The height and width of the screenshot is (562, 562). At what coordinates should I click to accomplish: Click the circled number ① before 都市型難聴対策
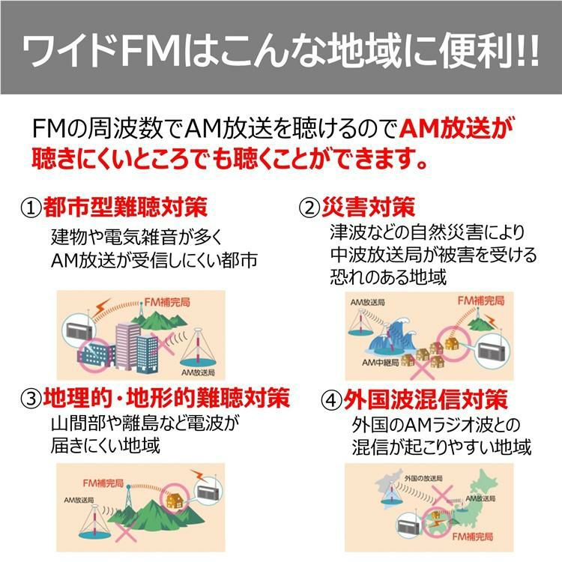pos(31,207)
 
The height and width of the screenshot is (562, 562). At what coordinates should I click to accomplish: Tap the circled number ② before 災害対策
pos(309,207)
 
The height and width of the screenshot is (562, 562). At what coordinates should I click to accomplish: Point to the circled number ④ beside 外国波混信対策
pos(331,399)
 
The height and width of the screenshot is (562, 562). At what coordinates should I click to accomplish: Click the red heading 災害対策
pos(368,206)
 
